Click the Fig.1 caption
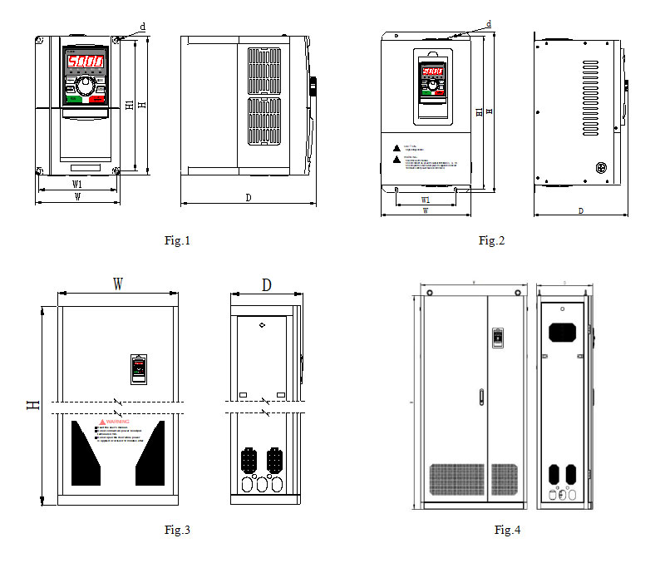(177, 241)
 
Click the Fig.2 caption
(491, 241)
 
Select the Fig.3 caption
(177, 530)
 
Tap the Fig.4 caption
(507, 530)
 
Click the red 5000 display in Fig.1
(85, 62)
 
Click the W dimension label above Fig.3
(118, 284)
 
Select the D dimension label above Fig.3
(266, 284)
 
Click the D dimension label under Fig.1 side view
(249, 198)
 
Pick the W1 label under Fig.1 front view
(76, 183)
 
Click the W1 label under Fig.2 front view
(425, 200)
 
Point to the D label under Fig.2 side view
(580, 211)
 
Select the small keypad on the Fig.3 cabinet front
(139, 368)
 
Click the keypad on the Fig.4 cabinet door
(498, 337)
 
